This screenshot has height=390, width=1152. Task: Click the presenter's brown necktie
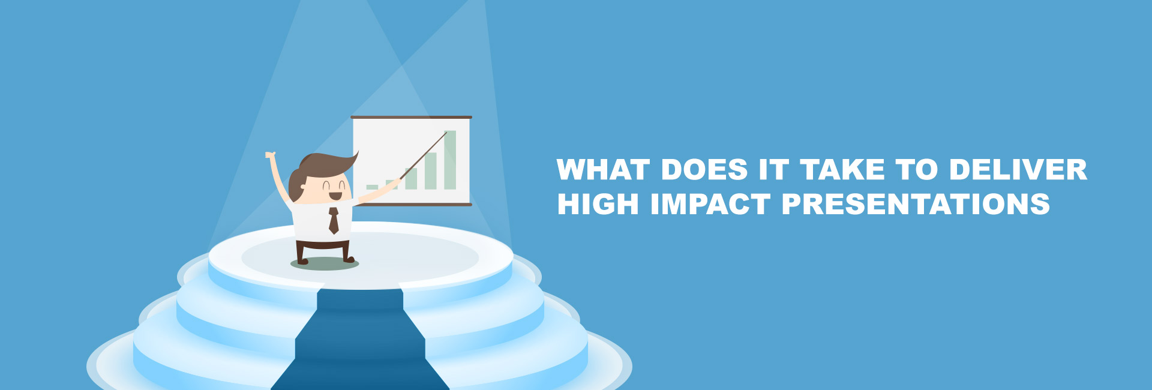pyautogui.click(x=334, y=220)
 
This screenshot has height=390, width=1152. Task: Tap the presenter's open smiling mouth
pyautogui.click(x=335, y=196)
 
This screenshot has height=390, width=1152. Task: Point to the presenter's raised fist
pyautogui.click(x=270, y=155)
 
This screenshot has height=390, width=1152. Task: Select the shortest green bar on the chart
pyautogui.click(x=372, y=187)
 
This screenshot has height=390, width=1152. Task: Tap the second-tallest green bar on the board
pyautogui.click(x=431, y=171)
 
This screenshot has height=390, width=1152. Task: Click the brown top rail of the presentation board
pyautogui.click(x=411, y=118)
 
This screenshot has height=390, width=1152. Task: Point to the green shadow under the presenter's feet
pyautogui.click(x=325, y=263)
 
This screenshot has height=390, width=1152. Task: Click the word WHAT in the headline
pyautogui.click(x=604, y=170)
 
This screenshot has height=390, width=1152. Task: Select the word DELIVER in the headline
pyautogui.click(x=1018, y=170)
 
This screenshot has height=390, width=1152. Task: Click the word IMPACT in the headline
pyautogui.click(x=710, y=204)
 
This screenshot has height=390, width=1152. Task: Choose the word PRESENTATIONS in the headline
pyautogui.click(x=916, y=204)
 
